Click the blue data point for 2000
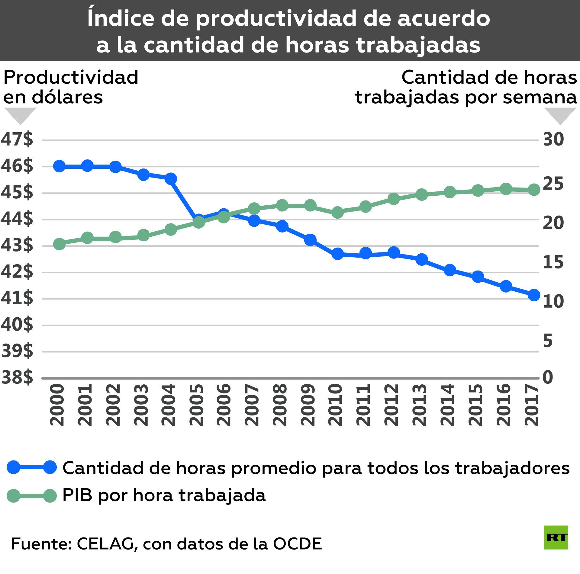(x=59, y=166)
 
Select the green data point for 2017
(x=534, y=190)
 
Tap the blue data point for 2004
(x=171, y=178)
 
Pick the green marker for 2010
(x=337, y=212)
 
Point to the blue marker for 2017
(x=534, y=295)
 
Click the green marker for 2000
(x=59, y=244)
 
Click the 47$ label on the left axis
(x=17, y=139)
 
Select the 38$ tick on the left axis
(x=17, y=377)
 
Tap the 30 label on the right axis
(x=553, y=139)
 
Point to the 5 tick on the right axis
(x=548, y=341)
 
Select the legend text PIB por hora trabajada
(x=164, y=495)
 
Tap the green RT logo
(x=556, y=537)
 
